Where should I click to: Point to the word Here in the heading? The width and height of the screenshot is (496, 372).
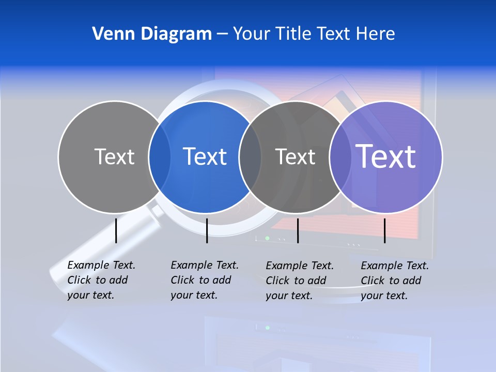point(376,34)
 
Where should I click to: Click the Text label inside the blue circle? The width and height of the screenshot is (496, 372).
point(205,157)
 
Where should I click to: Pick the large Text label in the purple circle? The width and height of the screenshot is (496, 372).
point(386,157)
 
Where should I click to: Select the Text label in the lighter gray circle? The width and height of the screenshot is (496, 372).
point(114,157)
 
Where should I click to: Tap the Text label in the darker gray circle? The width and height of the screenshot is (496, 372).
point(295,157)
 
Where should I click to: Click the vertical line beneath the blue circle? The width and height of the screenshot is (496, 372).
point(207,230)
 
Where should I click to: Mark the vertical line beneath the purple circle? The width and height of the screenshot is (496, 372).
point(384,230)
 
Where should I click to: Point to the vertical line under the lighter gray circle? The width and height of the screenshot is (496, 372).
point(116,230)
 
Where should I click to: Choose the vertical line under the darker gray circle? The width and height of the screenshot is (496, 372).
point(298,230)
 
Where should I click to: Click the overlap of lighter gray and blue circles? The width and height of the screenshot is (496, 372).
point(160,157)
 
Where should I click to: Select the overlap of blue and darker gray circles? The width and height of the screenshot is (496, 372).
point(250,157)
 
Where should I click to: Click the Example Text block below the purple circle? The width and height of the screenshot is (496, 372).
point(395,281)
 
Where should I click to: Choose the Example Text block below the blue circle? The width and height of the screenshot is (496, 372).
point(205,280)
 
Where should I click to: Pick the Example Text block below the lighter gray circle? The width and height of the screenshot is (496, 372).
point(101,280)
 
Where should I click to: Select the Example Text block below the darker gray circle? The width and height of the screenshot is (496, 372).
point(300,281)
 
